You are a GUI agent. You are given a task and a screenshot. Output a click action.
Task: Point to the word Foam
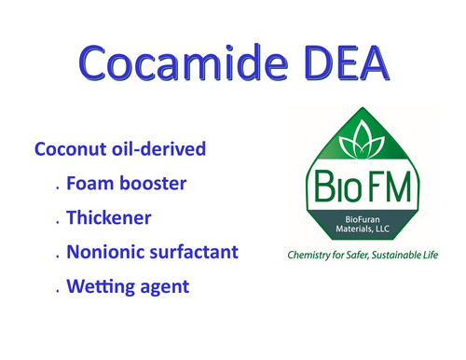coord(89,183)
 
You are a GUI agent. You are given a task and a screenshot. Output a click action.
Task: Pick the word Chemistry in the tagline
coord(314,254)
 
